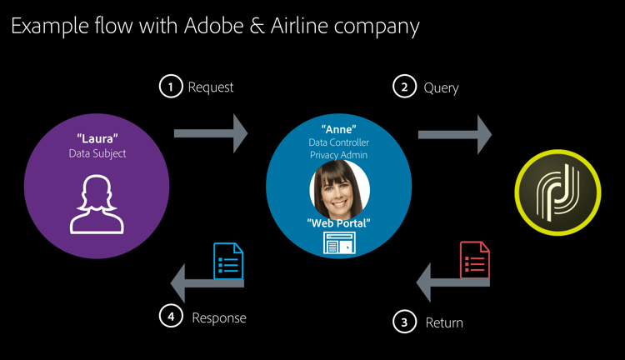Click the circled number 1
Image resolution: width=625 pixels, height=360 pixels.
tap(170, 87)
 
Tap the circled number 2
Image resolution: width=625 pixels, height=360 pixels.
tap(404, 87)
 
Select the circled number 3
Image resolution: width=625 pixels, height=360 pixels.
tap(404, 322)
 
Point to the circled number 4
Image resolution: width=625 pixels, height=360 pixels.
tap(170, 317)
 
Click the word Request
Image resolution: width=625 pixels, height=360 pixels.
tap(211, 87)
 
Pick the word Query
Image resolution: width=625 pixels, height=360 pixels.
tap(441, 87)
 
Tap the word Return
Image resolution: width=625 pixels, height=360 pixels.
tap(444, 322)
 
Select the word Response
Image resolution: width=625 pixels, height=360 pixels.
tap(219, 317)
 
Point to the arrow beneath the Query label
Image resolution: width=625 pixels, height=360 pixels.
tap(455, 132)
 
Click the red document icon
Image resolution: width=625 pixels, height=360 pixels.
tap(474, 260)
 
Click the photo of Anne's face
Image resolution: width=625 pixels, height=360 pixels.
tap(339, 187)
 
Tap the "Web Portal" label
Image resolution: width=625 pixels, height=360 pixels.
tap(338, 222)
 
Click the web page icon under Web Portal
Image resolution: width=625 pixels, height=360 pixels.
tap(338, 242)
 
